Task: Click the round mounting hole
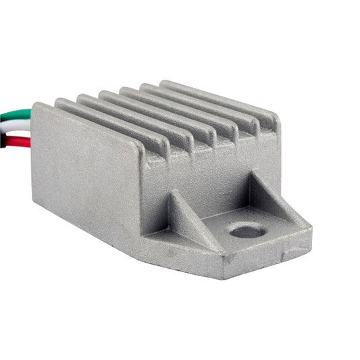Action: (x=247, y=232)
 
